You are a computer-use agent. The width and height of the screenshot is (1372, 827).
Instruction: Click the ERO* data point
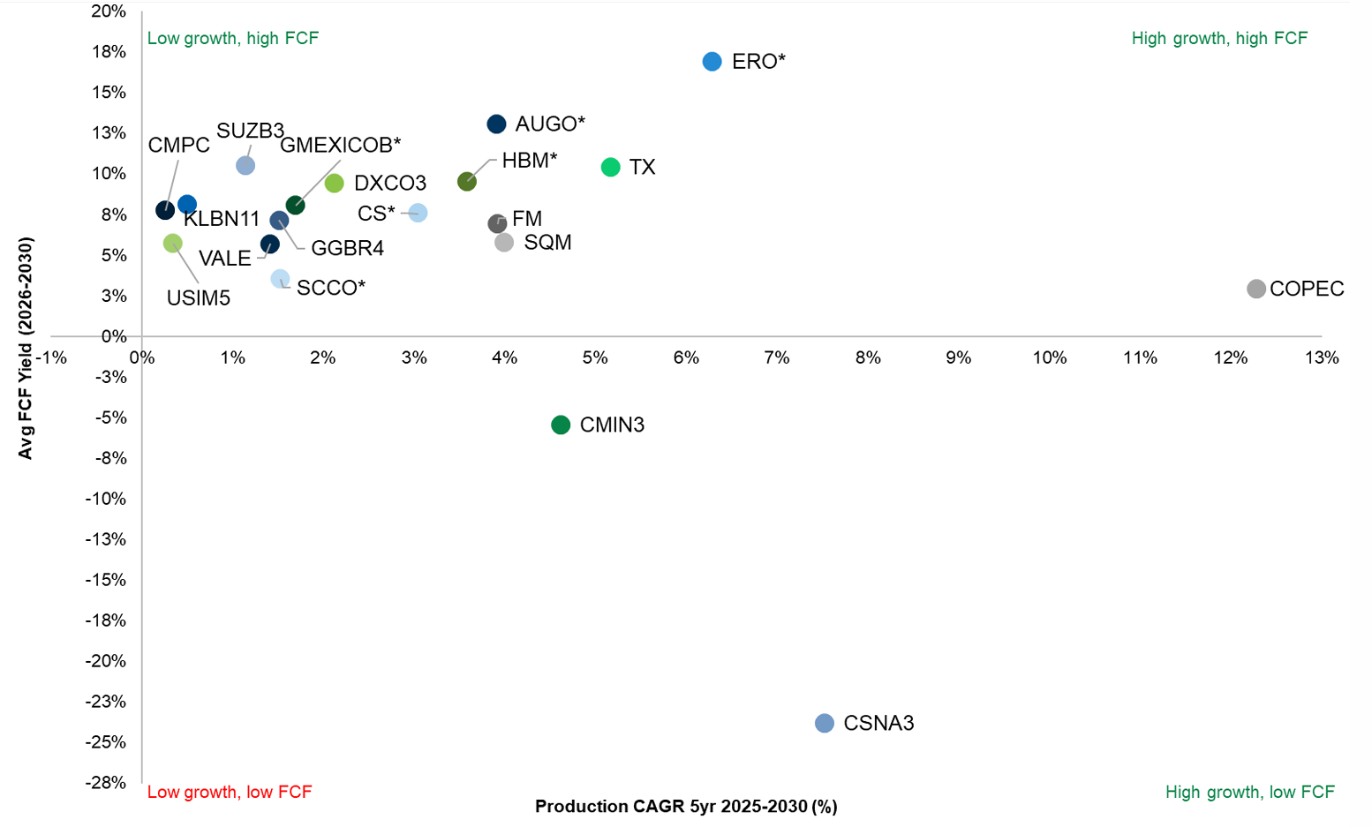tap(712, 61)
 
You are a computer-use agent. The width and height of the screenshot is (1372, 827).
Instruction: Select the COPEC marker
tap(1255, 289)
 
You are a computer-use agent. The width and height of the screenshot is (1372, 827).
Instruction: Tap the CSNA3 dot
tap(824, 723)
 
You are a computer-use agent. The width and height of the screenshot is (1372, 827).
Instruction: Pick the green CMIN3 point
tap(561, 425)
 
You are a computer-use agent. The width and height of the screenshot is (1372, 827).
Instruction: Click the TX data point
tap(610, 167)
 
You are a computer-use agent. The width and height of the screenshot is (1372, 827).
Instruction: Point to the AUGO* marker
tap(496, 124)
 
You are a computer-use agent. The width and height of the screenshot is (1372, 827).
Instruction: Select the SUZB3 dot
tap(245, 165)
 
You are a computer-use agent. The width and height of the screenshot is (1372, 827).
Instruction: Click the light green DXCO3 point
tap(334, 183)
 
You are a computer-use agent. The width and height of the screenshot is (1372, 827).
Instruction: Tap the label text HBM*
tap(530, 160)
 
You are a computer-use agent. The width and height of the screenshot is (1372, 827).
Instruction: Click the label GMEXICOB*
tap(340, 145)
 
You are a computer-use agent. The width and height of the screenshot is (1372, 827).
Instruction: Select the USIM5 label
tap(199, 298)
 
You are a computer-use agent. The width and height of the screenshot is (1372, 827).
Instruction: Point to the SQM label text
tap(547, 242)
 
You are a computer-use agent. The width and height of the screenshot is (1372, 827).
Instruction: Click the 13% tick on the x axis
tap(1322, 357)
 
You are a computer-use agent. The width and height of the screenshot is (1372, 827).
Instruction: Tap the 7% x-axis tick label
tap(777, 357)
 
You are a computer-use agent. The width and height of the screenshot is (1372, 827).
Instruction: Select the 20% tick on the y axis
tap(109, 11)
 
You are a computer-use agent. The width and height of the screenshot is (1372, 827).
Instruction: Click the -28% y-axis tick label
tap(106, 782)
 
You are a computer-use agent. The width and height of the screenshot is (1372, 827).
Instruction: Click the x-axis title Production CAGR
tap(686, 806)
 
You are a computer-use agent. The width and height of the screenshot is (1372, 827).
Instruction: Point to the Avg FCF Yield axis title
tap(26, 348)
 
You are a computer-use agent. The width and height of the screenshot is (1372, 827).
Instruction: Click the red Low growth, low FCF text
tap(230, 792)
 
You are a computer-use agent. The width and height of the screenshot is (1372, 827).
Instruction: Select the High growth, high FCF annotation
tap(1219, 38)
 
